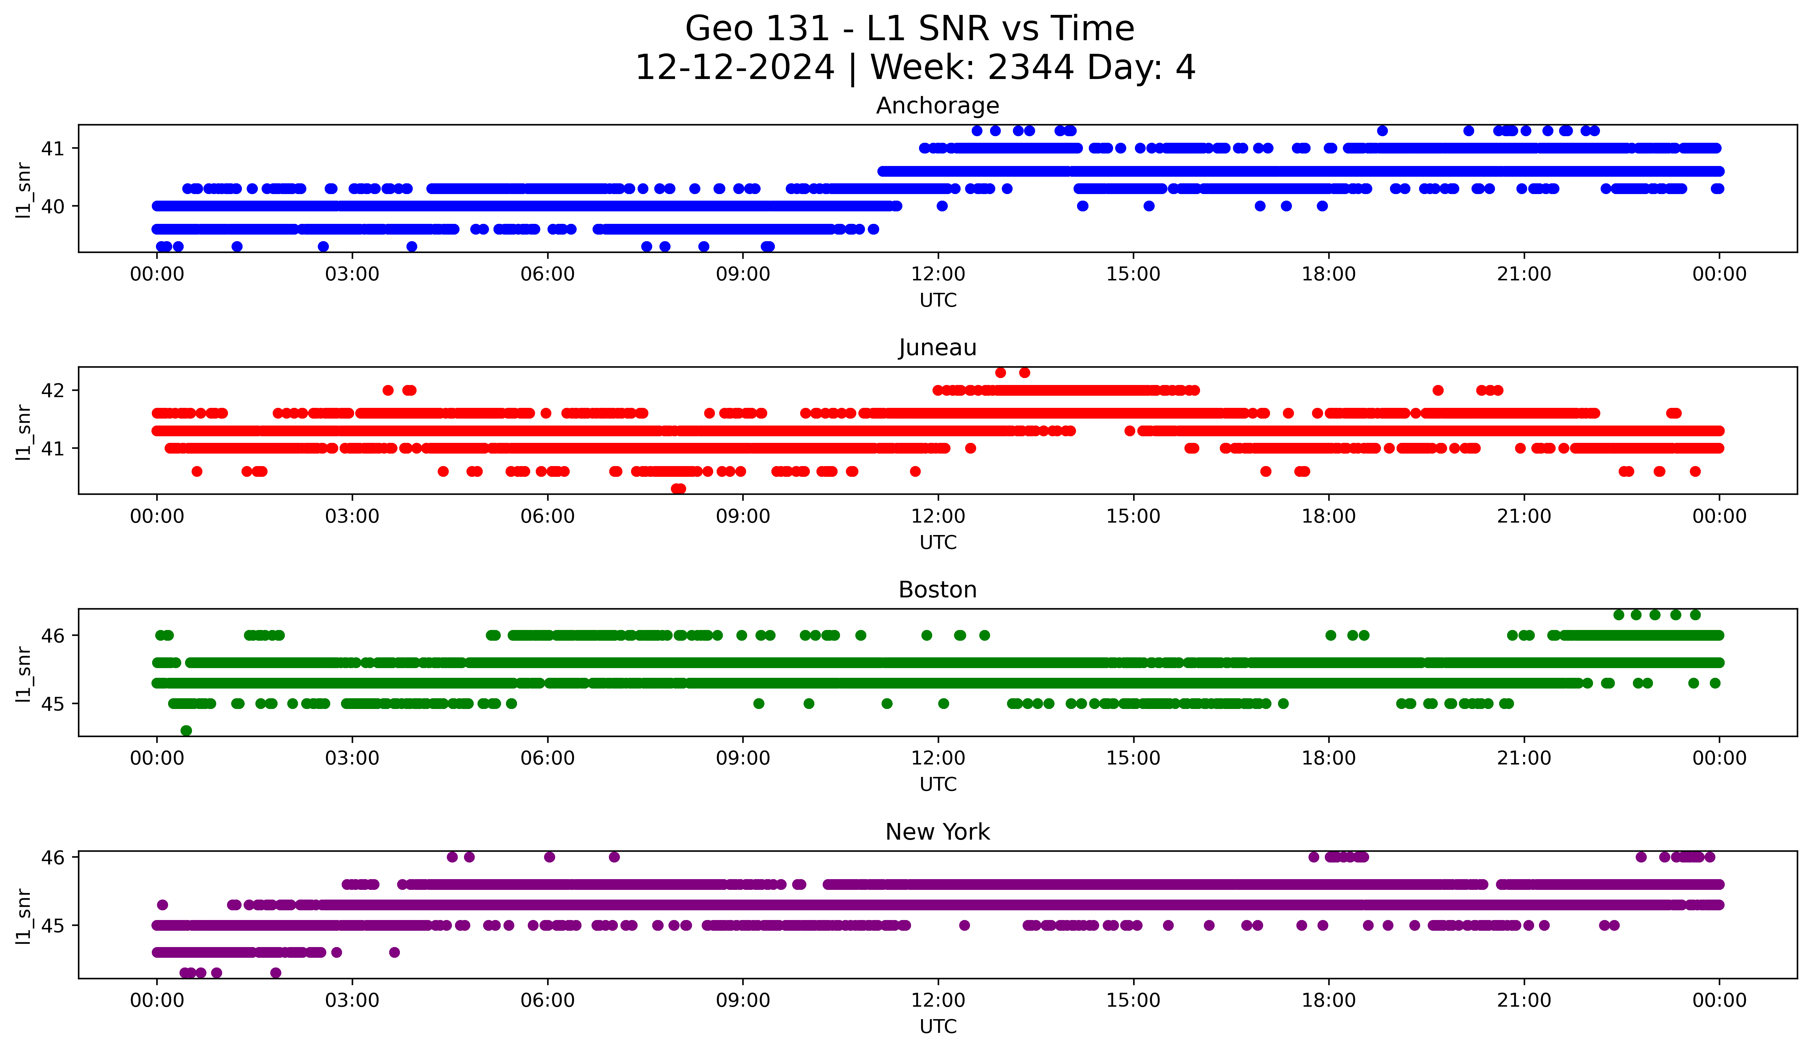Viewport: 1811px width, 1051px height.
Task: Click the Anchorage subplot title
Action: (937, 106)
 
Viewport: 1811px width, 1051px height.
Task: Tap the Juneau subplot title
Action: (937, 348)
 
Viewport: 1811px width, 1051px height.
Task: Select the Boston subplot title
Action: (937, 590)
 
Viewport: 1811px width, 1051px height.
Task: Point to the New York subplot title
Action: (937, 832)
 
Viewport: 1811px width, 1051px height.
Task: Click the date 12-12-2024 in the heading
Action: (734, 68)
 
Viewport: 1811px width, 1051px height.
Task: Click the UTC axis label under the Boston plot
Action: (938, 785)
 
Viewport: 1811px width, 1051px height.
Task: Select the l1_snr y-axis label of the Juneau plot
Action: (24, 431)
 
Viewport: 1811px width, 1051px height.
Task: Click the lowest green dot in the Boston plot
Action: (186, 730)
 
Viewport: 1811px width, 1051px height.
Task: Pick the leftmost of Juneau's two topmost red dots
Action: (1000, 372)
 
